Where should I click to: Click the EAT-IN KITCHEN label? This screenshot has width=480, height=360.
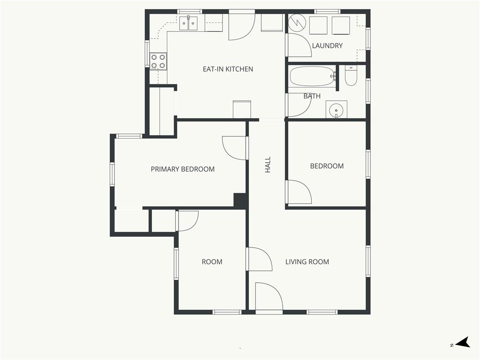pos(228,69)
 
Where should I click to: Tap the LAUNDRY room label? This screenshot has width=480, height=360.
pos(327,45)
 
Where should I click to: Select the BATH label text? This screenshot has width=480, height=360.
pos(312,96)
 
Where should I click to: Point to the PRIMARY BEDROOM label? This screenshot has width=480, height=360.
pos(182,169)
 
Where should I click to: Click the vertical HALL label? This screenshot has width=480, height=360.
pos(268,165)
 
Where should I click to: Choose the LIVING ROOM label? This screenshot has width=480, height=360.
pos(307,262)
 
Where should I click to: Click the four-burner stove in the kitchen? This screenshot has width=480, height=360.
pos(158,61)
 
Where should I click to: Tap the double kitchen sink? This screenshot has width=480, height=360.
pos(188,23)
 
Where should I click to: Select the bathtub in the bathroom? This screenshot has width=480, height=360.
pos(312,76)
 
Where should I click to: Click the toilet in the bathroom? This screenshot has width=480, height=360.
pos(351,75)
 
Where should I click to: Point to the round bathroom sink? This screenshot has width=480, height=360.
pos(337,109)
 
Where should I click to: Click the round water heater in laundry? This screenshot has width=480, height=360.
pos(298,22)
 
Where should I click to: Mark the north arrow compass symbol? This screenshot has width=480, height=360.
pos(463,342)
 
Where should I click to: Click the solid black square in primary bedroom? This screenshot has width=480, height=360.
pos(240,200)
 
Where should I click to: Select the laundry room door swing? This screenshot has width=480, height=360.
pos(299,45)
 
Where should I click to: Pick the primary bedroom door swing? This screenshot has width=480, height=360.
pos(234,148)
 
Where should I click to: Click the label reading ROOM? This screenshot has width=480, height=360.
pos(212,262)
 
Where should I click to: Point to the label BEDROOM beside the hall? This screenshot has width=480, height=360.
pos(327,166)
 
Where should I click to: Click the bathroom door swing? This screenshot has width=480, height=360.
pos(300,105)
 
